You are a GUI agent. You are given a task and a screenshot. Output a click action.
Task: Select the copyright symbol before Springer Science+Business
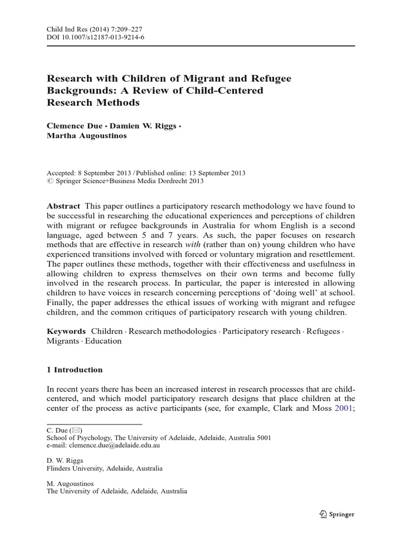pos(50,181)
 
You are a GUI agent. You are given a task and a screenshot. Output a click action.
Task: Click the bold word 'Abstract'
pos(63,206)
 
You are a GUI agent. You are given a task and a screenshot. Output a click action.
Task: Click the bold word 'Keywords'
pos(66,331)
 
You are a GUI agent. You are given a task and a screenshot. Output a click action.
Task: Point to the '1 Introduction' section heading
pos(75,370)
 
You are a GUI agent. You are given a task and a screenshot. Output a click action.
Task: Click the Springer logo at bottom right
pos(336,514)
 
